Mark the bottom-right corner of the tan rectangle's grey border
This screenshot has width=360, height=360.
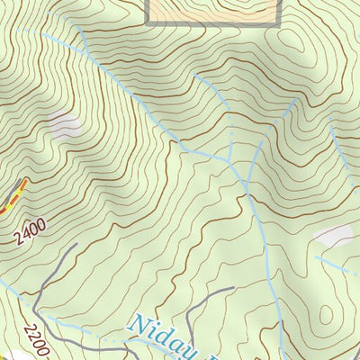[278, 25]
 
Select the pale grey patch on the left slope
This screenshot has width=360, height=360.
[64, 125]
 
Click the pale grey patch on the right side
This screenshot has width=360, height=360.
[332, 236]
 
